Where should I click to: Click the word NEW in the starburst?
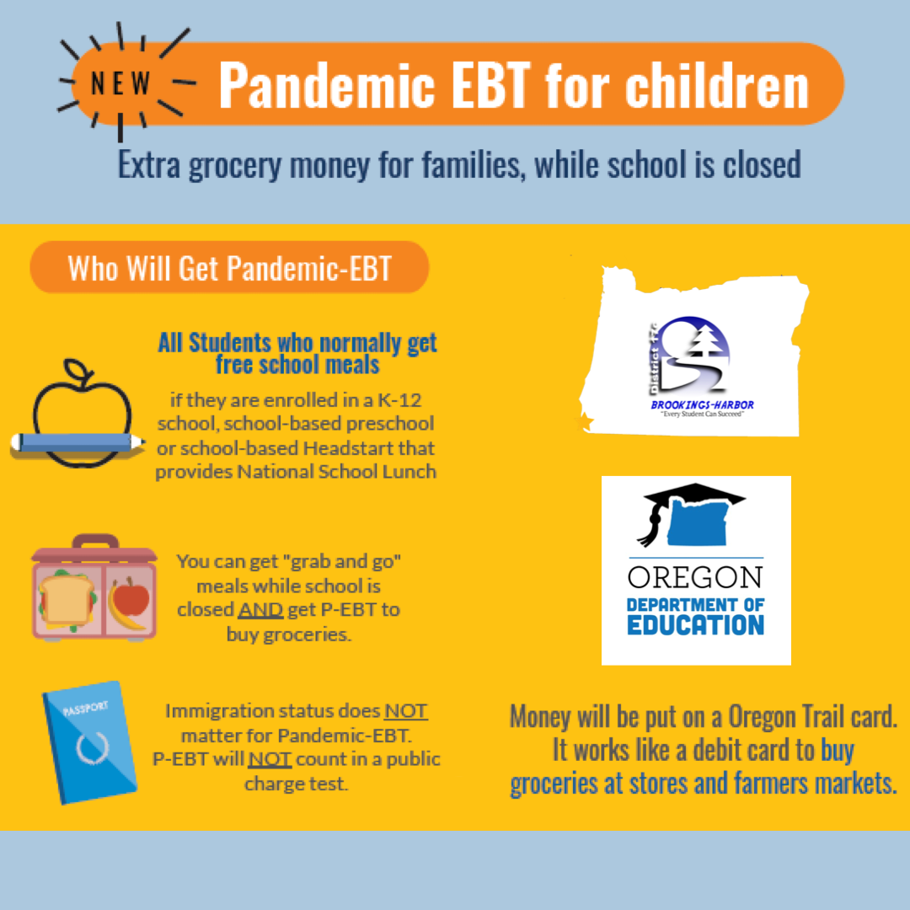click(120, 83)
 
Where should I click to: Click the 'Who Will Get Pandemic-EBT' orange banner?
click(229, 268)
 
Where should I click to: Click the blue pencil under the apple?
click(78, 443)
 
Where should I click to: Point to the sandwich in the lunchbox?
click(67, 600)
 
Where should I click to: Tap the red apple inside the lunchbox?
click(131, 597)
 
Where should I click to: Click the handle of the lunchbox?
click(96, 542)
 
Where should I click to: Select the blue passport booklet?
click(89, 742)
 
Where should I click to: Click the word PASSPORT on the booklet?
click(85, 708)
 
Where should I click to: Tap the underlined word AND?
click(260, 610)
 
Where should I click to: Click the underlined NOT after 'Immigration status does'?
click(406, 711)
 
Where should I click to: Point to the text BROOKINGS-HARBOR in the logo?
click(702, 404)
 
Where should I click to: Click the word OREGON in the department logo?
click(694, 577)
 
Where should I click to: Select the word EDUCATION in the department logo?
click(695, 625)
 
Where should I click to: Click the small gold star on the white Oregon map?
click(586, 421)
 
